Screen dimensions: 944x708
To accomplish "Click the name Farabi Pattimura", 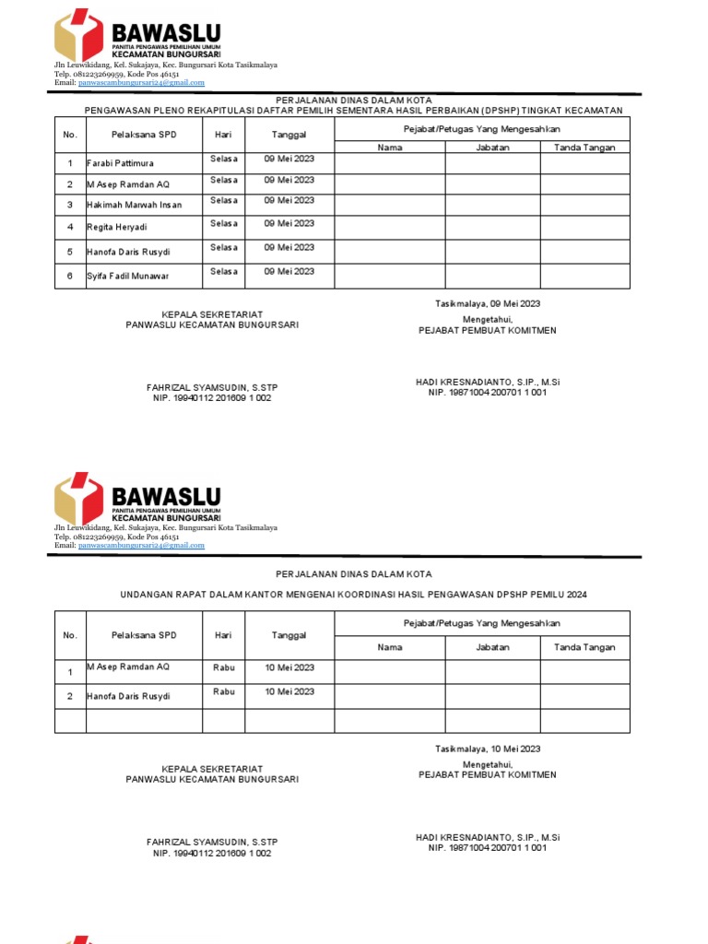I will tap(121, 163).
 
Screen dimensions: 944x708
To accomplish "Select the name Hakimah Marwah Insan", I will tap(135, 205).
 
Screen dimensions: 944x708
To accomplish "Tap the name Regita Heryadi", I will tap(116, 227).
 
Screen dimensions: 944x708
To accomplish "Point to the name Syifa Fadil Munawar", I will tap(128, 276).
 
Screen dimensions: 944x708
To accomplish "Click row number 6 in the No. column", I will tap(70, 276).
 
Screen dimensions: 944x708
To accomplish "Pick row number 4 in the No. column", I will tap(70, 227).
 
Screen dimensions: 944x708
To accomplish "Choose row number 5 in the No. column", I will tap(70, 252).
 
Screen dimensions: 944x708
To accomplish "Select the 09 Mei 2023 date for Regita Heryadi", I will tap(289, 223).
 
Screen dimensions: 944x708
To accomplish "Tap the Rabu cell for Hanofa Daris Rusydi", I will tap(224, 691).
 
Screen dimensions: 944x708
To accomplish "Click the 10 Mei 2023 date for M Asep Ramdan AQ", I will tap(289, 667).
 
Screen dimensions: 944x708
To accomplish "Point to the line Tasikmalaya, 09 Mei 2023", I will tap(488, 304).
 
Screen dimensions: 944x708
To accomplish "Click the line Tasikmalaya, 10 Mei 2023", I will tap(488, 749).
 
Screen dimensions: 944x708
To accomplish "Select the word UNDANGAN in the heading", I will tap(147, 595).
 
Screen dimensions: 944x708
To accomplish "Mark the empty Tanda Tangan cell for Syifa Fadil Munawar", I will tap(584, 277).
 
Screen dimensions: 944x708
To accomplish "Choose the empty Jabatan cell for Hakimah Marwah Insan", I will tap(492, 205).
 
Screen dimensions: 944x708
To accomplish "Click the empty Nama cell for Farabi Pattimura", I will tap(390, 163).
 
